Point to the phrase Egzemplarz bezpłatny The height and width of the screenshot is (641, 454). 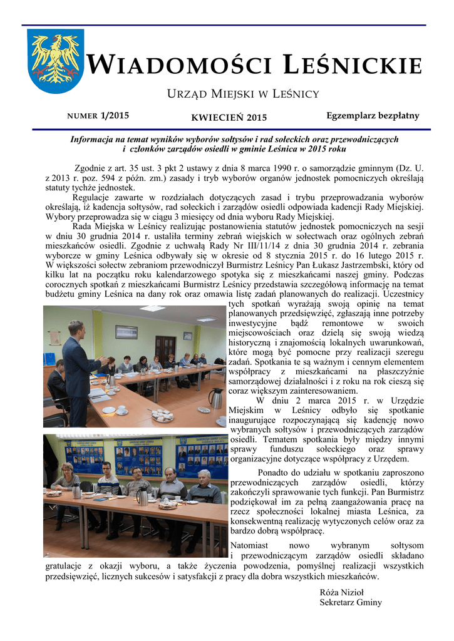coord(373,116)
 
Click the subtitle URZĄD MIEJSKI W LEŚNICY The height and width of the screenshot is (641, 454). coord(242,94)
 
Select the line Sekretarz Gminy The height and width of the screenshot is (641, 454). coord(351,602)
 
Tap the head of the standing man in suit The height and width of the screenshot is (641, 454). coord(76,328)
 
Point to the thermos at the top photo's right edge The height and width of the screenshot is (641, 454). coord(216,397)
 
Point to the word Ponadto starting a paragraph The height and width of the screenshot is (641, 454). coord(274,473)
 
